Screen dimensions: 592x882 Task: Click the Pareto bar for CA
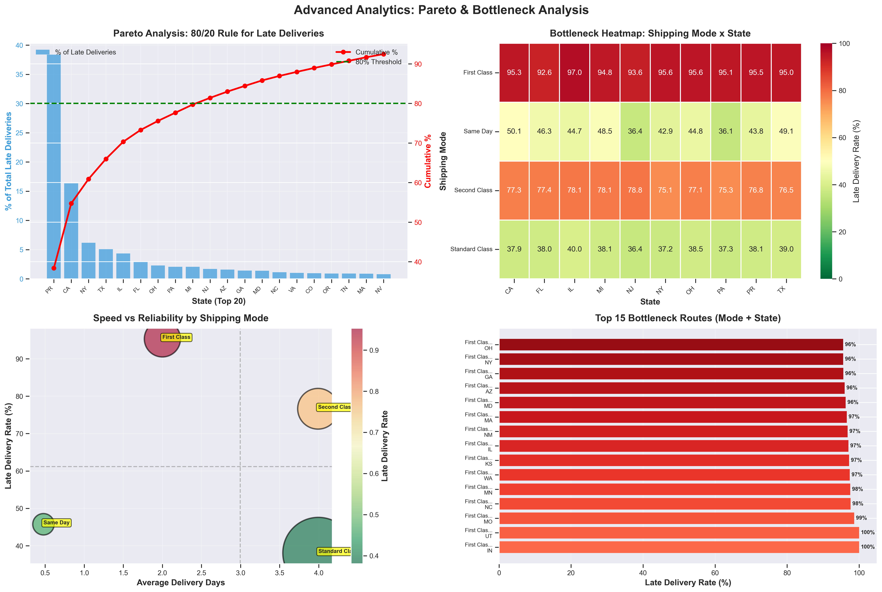(71, 231)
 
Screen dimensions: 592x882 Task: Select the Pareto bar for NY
(88, 261)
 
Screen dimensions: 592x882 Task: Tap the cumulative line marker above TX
(106, 159)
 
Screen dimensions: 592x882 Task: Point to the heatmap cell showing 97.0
(574, 72)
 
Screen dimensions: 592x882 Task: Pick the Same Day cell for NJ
(635, 131)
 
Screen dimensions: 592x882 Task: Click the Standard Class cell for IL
(574, 249)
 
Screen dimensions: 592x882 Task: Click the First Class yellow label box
(176, 337)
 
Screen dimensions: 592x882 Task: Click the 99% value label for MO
(861, 518)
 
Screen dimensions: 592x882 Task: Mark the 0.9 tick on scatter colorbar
(374, 350)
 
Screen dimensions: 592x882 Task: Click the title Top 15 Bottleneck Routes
(688, 318)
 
